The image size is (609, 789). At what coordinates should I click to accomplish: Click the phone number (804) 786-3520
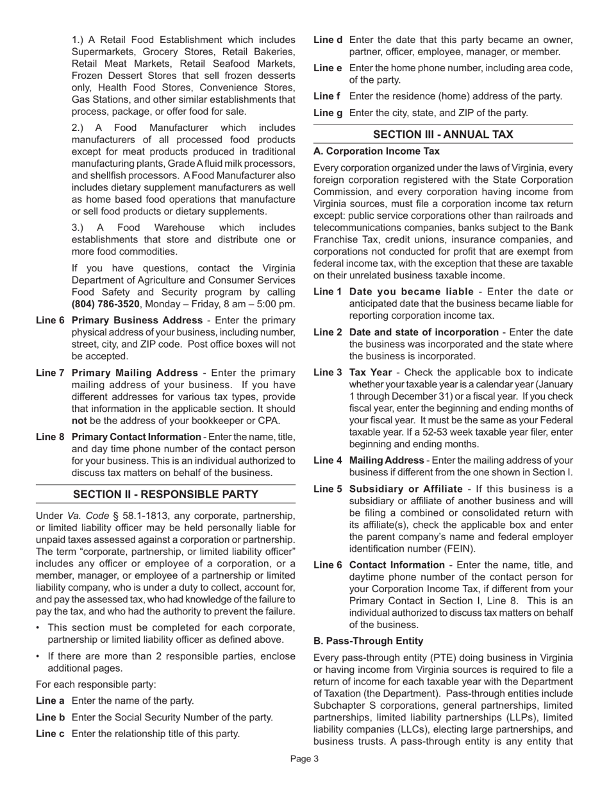click(x=105, y=304)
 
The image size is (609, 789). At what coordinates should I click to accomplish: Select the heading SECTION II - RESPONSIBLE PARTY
click(x=165, y=494)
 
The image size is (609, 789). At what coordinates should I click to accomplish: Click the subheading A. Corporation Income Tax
click(x=376, y=151)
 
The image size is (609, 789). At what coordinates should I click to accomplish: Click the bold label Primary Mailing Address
click(x=135, y=373)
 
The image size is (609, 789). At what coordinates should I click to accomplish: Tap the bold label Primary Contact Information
click(x=137, y=437)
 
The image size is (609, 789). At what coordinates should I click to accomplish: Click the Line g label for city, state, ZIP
click(x=328, y=113)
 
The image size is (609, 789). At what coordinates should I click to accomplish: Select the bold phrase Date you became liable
click(x=411, y=292)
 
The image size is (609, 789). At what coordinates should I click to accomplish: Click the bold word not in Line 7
click(x=79, y=421)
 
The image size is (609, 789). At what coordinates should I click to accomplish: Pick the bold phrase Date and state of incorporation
click(x=423, y=332)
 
